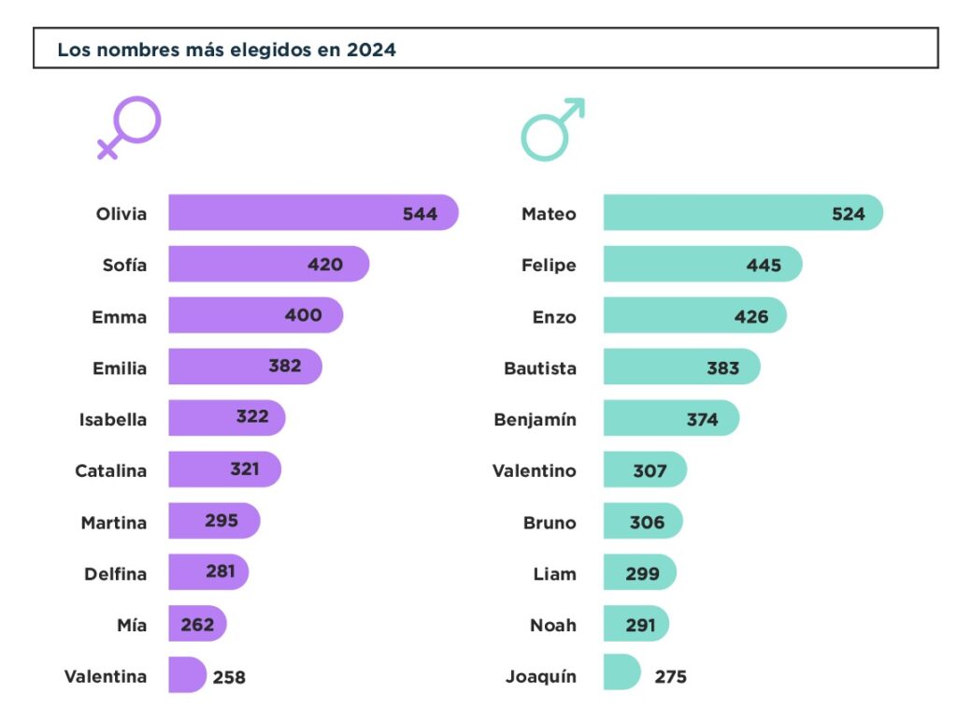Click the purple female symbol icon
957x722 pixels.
pyautogui.click(x=130, y=126)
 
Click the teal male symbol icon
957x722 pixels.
pyautogui.click(x=550, y=130)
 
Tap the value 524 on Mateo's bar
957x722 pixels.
pyautogui.click(x=849, y=214)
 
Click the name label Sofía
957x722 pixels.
pyautogui.click(x=124, y=266)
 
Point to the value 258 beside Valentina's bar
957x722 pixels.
pyautogui.click(x=229, y=677)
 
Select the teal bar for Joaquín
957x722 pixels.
pyautogui.click(x=621, y=672)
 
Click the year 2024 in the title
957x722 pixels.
pyautogui.click(x=371, y=51)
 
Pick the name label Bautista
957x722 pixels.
pyautogui.click(x=540, y=368)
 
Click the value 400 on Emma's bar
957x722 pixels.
pyautogui.click(x=303, y=315)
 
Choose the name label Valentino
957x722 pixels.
pyautogui.click(x=535, y=471)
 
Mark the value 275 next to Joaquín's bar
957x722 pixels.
pyautogui.click(x=670, y=677)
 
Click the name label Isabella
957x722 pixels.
pyautogui.click(x=113, y=420)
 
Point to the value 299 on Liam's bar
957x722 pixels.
pyautogui.click(x=642, y=574)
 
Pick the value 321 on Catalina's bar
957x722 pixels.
pyautogui.click(x=244, y=469)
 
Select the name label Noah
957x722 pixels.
pyautogui.click(x=553, y=626)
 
